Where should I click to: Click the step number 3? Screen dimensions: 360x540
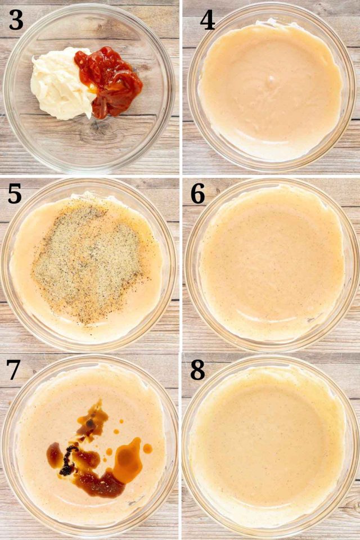(16, 20)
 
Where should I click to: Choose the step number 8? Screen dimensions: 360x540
(198, 370)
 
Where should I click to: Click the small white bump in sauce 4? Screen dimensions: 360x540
(272, 78)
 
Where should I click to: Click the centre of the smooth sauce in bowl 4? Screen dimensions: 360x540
(271, 89)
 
